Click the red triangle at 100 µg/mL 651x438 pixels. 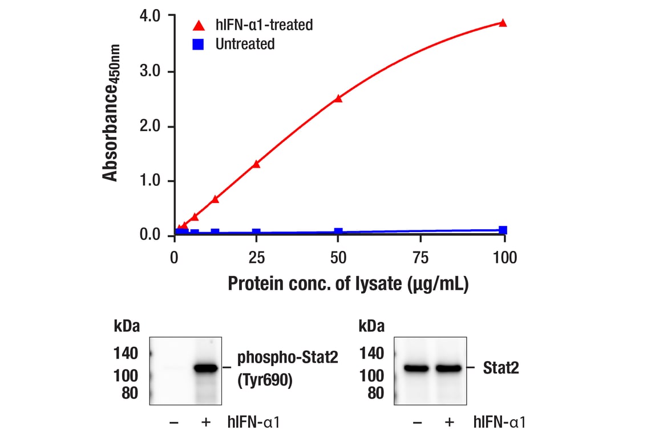(x=503, y=23)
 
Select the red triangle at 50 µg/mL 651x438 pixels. (x=338, y=98)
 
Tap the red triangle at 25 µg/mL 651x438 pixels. (x=256, y=164)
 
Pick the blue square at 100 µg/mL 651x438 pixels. (x=503, y=230)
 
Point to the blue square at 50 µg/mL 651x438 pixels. (x=338, y=232)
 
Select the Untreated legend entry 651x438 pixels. (x=245, y=44)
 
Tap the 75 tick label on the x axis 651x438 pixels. (x=420, y=258)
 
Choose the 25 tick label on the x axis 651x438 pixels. (x=256, y=258)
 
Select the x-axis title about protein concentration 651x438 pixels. (x=348, y=283)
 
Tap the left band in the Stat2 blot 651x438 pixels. (x=417, y=368)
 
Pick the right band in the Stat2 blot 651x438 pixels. (x=449, y=368)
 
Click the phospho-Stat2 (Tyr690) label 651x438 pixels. (x=288, y=370)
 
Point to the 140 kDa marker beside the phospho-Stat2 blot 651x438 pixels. (x=126, y=354)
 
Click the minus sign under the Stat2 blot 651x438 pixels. (x=417, y=423)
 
